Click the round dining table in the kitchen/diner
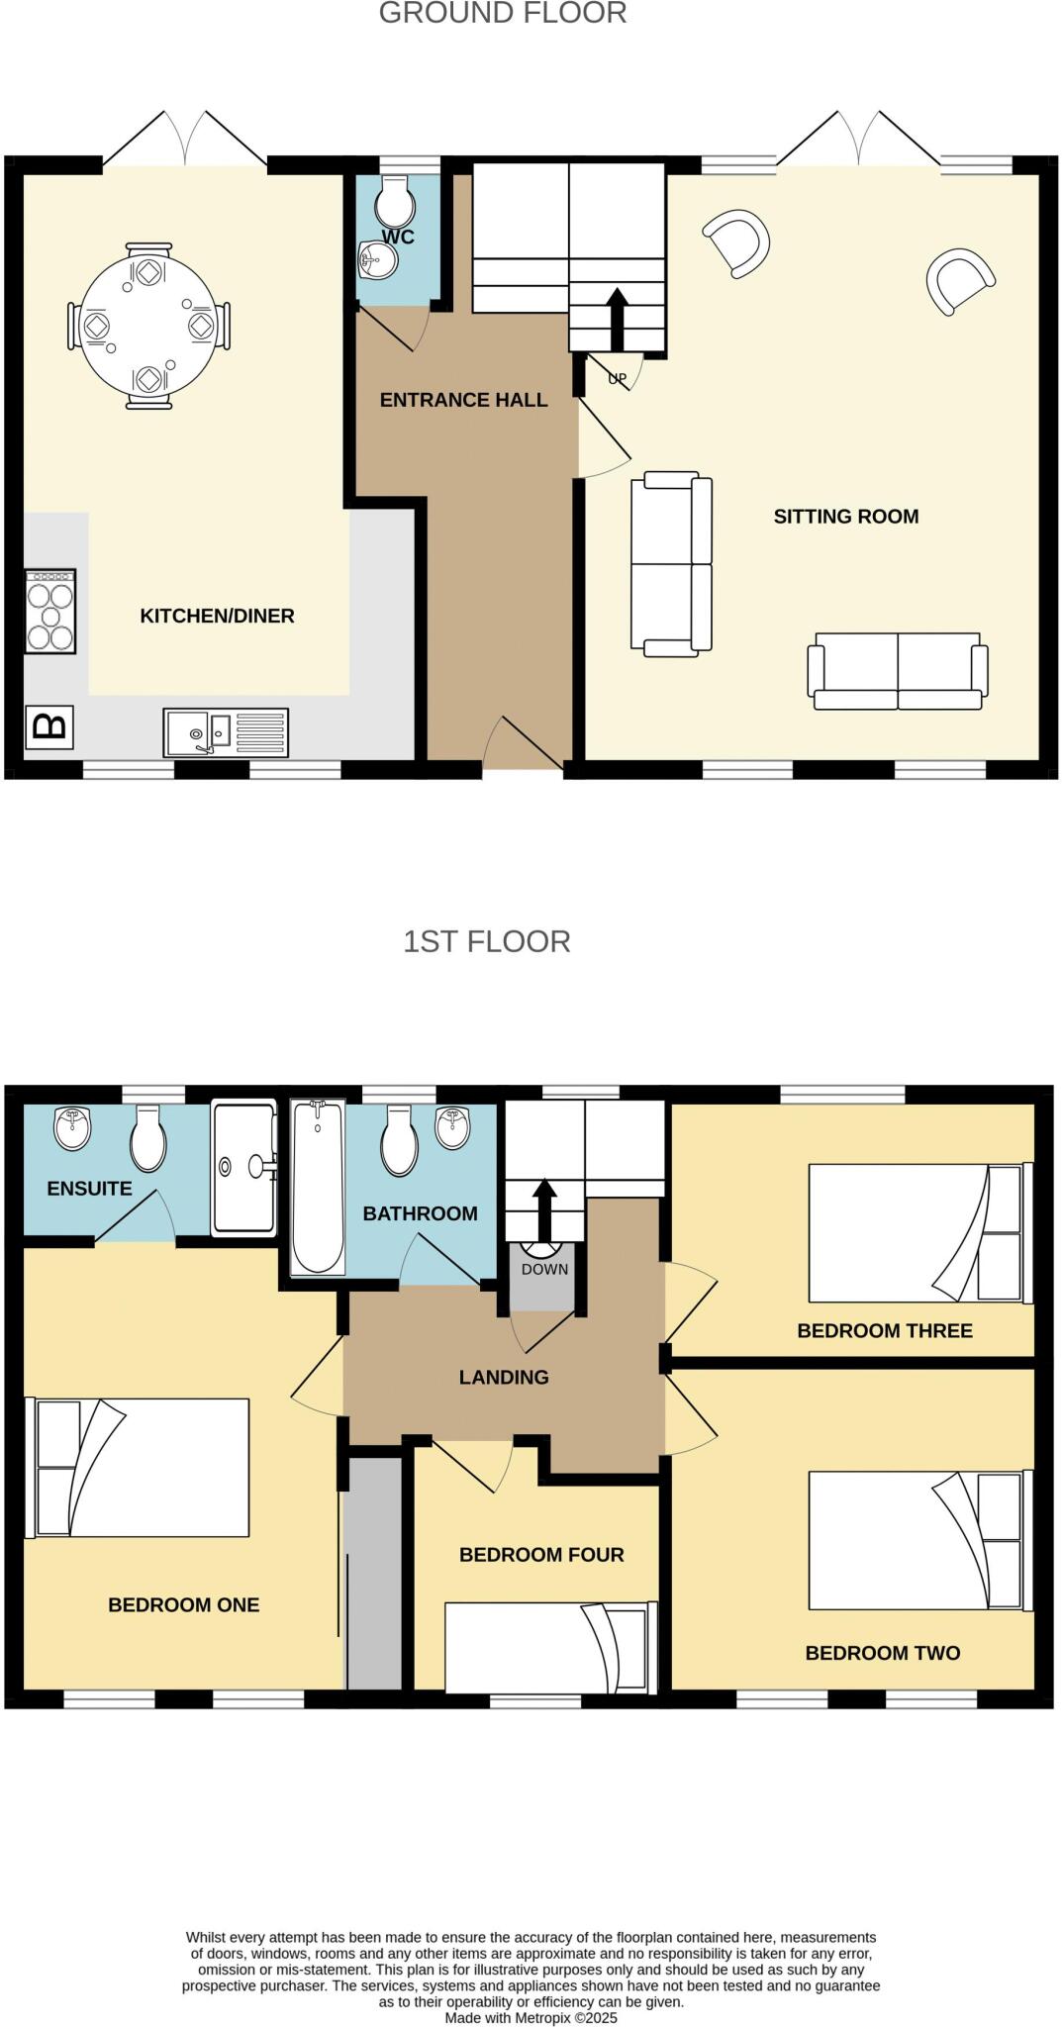click(148, 326)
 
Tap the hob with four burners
click(50, 612)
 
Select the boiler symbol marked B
click(49, 727)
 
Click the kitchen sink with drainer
click(226, 732)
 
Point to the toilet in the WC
click(394, 202)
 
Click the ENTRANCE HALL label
click(463, 400)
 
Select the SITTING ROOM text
click(845, 516)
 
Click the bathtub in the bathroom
click(318, 1187)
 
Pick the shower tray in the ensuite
click(243, 1168)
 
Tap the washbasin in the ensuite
click(72, 1129)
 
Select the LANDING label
click(503, 1377)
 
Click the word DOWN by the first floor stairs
click(544, 1269)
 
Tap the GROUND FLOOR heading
click(502, 14)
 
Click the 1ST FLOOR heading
click(486, 941)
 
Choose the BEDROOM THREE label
click(884, 1330)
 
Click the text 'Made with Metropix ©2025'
click(531, 2017)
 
